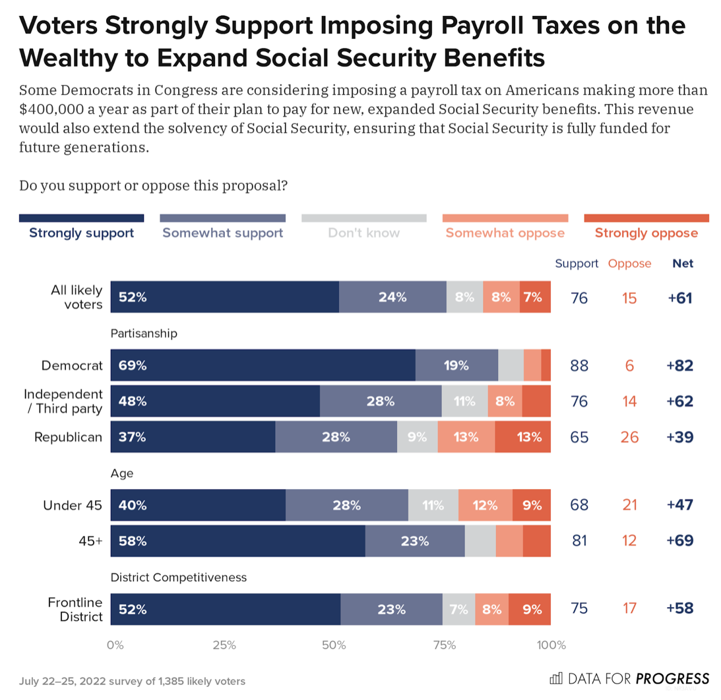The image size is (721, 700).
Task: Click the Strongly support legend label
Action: point(81,233)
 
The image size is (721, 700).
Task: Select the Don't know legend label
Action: point(363,233)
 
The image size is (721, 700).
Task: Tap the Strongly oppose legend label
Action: point(646,233)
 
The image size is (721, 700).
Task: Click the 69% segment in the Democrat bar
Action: point(263,365)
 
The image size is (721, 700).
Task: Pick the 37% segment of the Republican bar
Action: point(193,436)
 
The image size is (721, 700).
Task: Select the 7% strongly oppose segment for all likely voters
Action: point(535,297)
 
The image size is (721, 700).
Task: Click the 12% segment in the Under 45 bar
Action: point(485,506)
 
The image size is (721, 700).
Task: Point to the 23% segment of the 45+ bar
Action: point(415,541)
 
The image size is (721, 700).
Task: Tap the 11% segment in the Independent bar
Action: point(464,401)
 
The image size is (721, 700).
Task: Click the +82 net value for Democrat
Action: point(680,365)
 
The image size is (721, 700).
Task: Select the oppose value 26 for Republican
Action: point(629,436)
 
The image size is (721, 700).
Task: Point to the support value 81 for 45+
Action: point(579,541)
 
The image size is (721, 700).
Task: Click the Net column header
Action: point(683,264)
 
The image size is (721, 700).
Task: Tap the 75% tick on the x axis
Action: point(445,645)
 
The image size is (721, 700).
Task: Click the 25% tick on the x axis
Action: point(225,645)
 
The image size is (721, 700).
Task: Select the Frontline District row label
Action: point(75,610)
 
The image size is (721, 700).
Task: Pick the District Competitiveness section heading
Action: point(178,577)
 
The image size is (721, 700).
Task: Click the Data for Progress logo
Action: point(629,678)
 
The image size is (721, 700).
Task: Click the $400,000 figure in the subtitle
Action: point(49,109)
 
